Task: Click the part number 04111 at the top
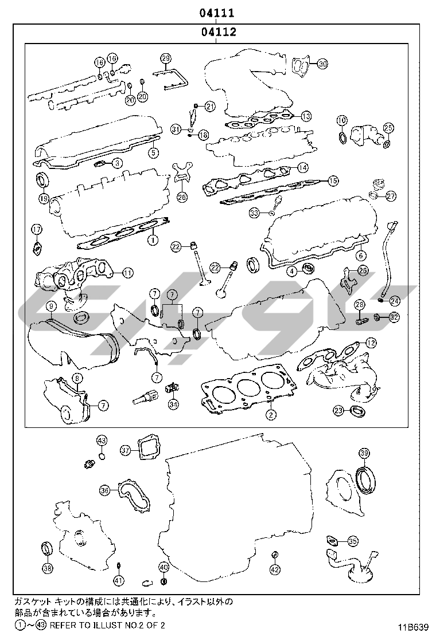pyautogui.click(x=216, y=12)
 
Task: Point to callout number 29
pyautogui.click(x=166, y=58)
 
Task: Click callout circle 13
pyautogui.click(x=306, y=116)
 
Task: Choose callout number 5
pyautogui.click(x=153, y=152)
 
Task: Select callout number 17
pyautogui.click(x=37, y=230)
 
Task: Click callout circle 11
pyautogui.click(x=127, y=273)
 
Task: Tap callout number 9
pyautogui.click(x=50, y=307)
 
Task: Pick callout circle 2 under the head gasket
pyautogui.click(x=271, y=414)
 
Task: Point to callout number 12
pyautogui.click(x=371, y=343)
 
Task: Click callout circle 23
pyautogui.click(x=339, y=410)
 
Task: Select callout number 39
pyautogui.click(x=364, y=453)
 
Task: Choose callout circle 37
pyautogui.click(x=126, y=450)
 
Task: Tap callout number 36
pyautogui.click(x=105, y=490)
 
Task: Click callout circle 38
pyautogui.click(x=48, y=568)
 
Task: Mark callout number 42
pyautogui.click(x=275, y=569)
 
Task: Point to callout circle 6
pyautogui.click(x=360, y=256)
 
